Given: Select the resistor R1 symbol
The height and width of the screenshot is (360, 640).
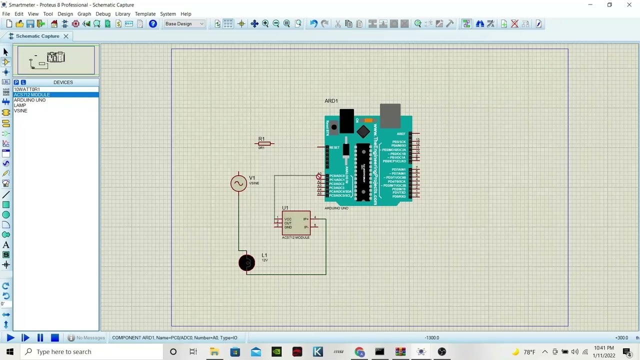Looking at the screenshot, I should [x=264, y=144].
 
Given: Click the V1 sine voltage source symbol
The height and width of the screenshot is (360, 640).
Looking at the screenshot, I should [x=238, y=183].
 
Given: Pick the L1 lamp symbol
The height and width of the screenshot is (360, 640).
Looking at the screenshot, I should [x=246, y=263].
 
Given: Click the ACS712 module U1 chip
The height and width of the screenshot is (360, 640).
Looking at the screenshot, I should [x=296, y=223].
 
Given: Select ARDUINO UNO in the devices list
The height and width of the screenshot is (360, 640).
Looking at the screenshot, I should [x=29, y=100].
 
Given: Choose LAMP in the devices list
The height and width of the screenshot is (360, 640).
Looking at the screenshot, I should [x=20, y=105].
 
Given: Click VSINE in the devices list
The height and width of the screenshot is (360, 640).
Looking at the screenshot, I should [x=20, y=110].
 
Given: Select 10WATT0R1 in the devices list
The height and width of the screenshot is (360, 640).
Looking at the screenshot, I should [x=26, y=89].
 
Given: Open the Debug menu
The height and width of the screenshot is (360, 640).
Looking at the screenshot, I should [x=103, y=14].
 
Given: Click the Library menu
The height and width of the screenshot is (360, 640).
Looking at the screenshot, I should [x=122, y=14].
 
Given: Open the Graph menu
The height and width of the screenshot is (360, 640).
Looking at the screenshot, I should [x=84, y=14].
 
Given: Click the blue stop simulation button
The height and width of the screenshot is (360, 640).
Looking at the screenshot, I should [x=55, y=338].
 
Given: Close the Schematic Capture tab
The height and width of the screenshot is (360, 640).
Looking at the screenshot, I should [x=65, y=36].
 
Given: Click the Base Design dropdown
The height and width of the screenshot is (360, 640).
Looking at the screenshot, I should [x=184, y=24].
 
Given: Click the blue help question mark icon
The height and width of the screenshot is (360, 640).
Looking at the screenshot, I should [x=153, y=24].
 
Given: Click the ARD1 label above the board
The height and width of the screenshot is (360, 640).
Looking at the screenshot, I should [x=331, y=101].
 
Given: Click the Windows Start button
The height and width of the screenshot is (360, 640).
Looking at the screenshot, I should [x=9, y=352].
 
